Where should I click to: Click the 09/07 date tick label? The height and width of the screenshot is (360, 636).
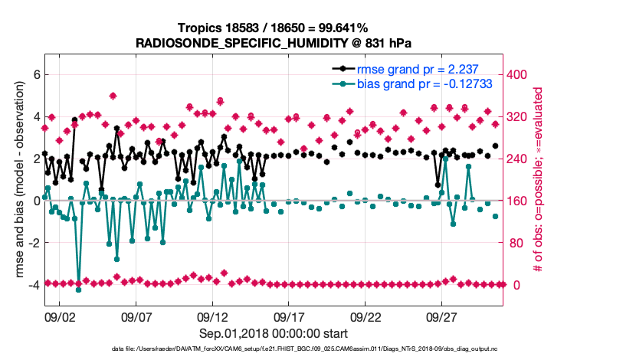click(x=136, y=316)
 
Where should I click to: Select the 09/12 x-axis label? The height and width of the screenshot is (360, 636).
click(x=213, y=316)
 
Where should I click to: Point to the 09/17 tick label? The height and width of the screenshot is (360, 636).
click(x=290, y=316)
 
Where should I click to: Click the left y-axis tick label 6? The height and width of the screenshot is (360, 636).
click(x=34, y=75)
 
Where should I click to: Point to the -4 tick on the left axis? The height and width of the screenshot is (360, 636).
click(x=32, y=285)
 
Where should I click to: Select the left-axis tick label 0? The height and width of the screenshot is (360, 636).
click(x=34, y=201)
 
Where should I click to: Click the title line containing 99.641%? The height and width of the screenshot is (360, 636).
click(x=274, y=28)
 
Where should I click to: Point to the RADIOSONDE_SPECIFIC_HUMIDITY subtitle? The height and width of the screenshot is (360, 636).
click(x=274, y=42)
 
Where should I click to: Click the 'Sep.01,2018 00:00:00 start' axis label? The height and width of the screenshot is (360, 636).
click(x=274, y=333)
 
